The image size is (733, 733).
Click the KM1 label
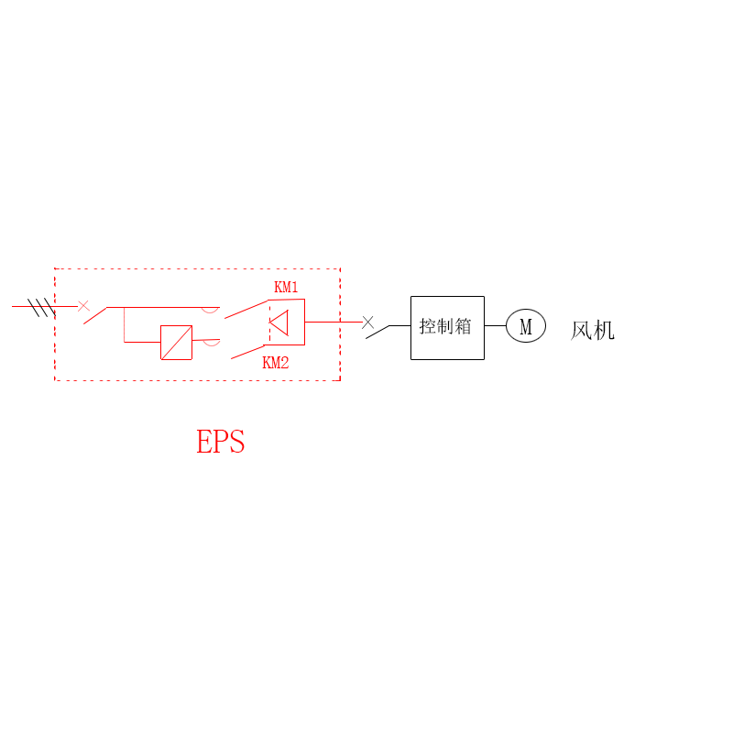(x=286, y=287)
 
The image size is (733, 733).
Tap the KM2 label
(x=276, y=362)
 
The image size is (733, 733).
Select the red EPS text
(x=220, y=442)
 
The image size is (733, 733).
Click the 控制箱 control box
(x=447, y=328)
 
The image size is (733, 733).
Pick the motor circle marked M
(x=526, y=326)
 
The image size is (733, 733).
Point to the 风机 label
(x=592, y=331)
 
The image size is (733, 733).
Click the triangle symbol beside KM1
(x=279, y=323)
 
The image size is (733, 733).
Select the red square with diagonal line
(x=176, y=343)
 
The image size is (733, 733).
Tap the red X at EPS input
(x=83, y=306)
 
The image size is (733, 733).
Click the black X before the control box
(x=368, y=323)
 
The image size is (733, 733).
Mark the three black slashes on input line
(x=41, y=308)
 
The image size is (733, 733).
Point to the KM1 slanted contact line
(x=246, y=309)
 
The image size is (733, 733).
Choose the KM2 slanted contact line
(x=247, y=352)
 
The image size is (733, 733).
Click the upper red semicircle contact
(x=211, y=310)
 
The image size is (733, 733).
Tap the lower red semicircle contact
(x=212, y=343)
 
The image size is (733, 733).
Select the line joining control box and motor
(x=495, y=326)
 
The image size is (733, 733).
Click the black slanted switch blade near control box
(x=377, y=332)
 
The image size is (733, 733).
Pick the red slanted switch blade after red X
(x=95, y=315)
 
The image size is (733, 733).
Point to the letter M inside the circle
(x=526, y=327)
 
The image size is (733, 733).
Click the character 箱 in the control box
(x=463, y=326)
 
